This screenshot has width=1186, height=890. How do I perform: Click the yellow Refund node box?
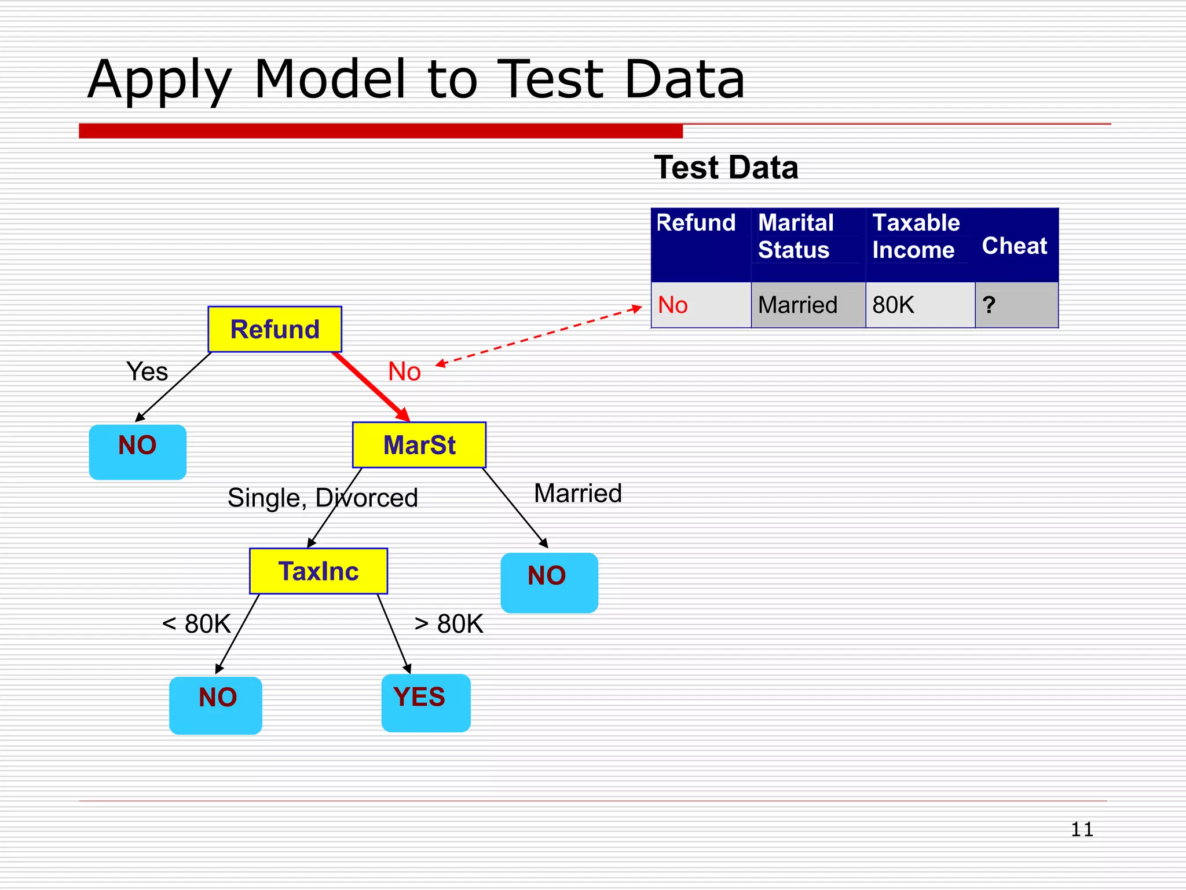[x=274, y=329]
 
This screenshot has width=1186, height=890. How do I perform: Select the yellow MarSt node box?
[x=419, y=445]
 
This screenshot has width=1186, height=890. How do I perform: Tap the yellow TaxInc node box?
[x=319, y=571]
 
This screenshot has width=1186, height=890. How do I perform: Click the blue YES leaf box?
[x=426, y=702]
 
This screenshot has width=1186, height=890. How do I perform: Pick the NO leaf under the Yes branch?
[x=138, y=452]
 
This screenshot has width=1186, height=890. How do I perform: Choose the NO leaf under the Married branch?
[x=549, y=582]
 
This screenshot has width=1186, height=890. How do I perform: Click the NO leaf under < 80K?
[x=215, y=705]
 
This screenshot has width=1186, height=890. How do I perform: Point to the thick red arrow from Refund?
[x=371, y=386]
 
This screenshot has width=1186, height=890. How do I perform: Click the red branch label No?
[x=404, y=371]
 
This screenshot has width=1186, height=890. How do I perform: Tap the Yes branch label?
[x=147, y=371]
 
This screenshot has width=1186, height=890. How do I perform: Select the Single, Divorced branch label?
[x=323, y=498]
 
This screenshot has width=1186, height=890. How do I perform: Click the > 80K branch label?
[x=449, y=624]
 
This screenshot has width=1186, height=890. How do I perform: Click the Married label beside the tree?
[x=577, y=494]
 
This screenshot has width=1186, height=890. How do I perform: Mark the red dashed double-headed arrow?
[x=539, y=336]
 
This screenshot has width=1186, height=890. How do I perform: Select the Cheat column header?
[x=1015, y=246]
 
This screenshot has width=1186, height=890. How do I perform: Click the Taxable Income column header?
[x=916, y=236]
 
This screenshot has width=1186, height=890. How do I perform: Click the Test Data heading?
[x=726, y=167]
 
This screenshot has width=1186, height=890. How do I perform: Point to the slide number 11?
[x=1081, y=829]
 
